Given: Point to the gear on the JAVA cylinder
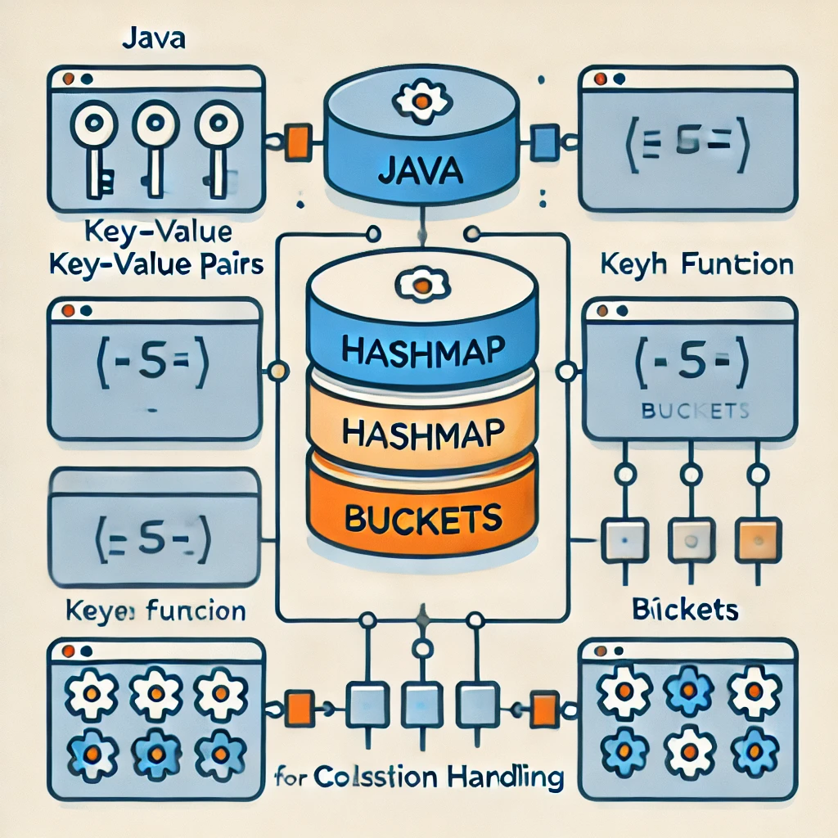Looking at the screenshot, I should pos(421,101).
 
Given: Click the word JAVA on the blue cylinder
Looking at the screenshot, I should pos(421,173).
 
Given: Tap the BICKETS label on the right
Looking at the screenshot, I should pos(686,610).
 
